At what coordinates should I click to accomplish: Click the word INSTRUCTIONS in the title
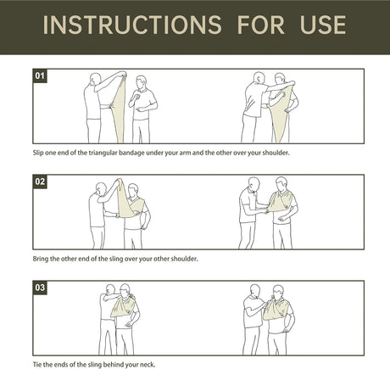[132, 25]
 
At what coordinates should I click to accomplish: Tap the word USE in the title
[323, 25]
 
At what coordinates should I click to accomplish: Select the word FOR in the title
[260, 25]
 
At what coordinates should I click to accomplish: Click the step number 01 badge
[40, 75]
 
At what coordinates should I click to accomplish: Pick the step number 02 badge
[40, 182]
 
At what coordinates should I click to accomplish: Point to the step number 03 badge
[40, 288]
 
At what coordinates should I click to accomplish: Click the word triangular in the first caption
[103, 153]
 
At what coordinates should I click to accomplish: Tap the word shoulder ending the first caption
[276, 153]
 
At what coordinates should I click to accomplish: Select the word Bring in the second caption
[41, 259]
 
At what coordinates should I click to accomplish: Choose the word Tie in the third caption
[37, 365]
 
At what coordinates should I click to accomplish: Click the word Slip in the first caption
[38, 153]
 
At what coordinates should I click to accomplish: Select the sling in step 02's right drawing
[279, 201]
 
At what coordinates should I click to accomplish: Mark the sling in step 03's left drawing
[123, 306]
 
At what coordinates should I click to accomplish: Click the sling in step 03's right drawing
[276, 309]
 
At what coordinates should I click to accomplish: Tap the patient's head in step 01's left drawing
[141, 81]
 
